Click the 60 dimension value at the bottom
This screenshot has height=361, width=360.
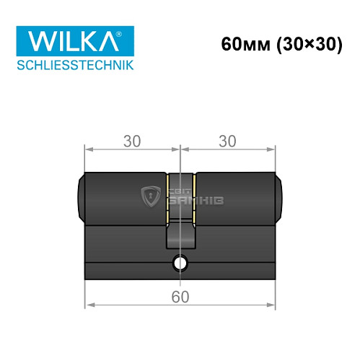[180, 295]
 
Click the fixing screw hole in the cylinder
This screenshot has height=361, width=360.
[179, 263]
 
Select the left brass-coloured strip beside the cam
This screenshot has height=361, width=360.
[167, 196]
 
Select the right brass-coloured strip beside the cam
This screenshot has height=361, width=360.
[193, 196]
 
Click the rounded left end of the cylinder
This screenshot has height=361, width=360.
[81, 197]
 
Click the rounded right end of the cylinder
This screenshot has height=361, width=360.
[278, 197]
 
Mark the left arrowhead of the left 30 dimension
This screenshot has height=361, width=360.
[89, 149]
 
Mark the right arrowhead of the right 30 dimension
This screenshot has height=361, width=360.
[272, 149]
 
